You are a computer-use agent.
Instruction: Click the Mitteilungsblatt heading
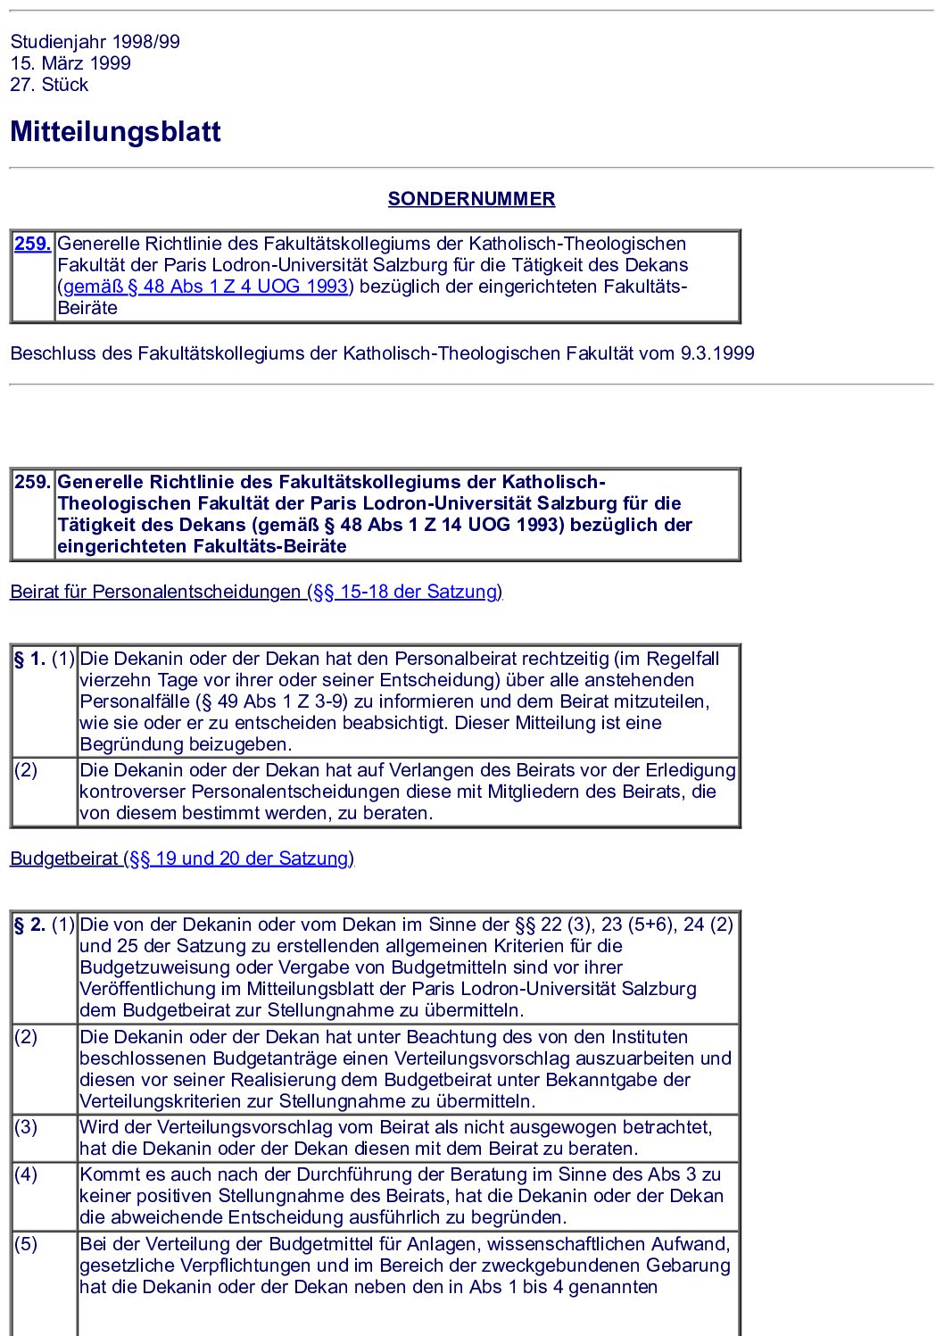115,132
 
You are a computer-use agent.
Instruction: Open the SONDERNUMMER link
471,199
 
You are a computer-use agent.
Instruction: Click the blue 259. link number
32,244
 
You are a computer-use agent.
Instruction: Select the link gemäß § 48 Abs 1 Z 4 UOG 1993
205,286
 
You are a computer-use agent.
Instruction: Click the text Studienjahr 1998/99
95,42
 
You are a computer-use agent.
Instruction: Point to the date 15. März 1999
70,63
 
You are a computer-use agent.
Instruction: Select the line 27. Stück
49,85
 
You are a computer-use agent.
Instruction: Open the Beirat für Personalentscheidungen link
256,592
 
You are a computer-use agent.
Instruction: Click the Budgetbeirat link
182,859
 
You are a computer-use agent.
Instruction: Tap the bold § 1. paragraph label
29,660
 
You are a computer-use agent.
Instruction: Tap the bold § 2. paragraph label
29,925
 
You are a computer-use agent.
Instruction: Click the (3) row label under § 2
26,1127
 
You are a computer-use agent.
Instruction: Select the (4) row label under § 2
26,1174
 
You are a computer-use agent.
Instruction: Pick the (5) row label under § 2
26,1244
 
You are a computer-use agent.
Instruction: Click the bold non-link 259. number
32,482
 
